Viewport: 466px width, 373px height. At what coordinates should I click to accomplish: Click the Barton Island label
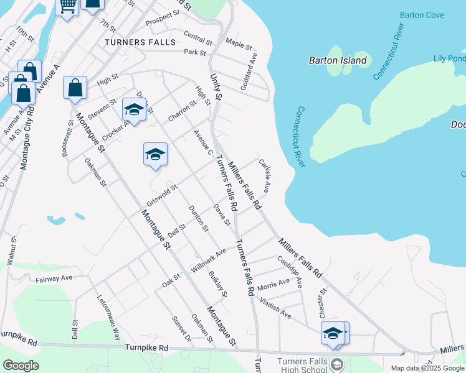click(x=338, y=60)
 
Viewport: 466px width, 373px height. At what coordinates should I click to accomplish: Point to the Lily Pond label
click(x=449, y=58)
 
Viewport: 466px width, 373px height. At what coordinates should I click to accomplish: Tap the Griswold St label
click(x=162, y=195)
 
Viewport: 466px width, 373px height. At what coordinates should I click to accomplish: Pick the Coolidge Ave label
click(x=290, y=272)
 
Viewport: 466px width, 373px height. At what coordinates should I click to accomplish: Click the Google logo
click(x=21, y=366)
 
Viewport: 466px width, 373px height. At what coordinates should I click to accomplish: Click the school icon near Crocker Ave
click(x=133, y=110)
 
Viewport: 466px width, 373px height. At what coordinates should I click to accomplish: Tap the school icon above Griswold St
click(x=155, y=154)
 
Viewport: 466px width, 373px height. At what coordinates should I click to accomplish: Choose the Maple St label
click(x=239, y=45)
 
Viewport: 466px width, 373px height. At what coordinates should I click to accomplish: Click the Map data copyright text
click(x=427, y=368)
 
